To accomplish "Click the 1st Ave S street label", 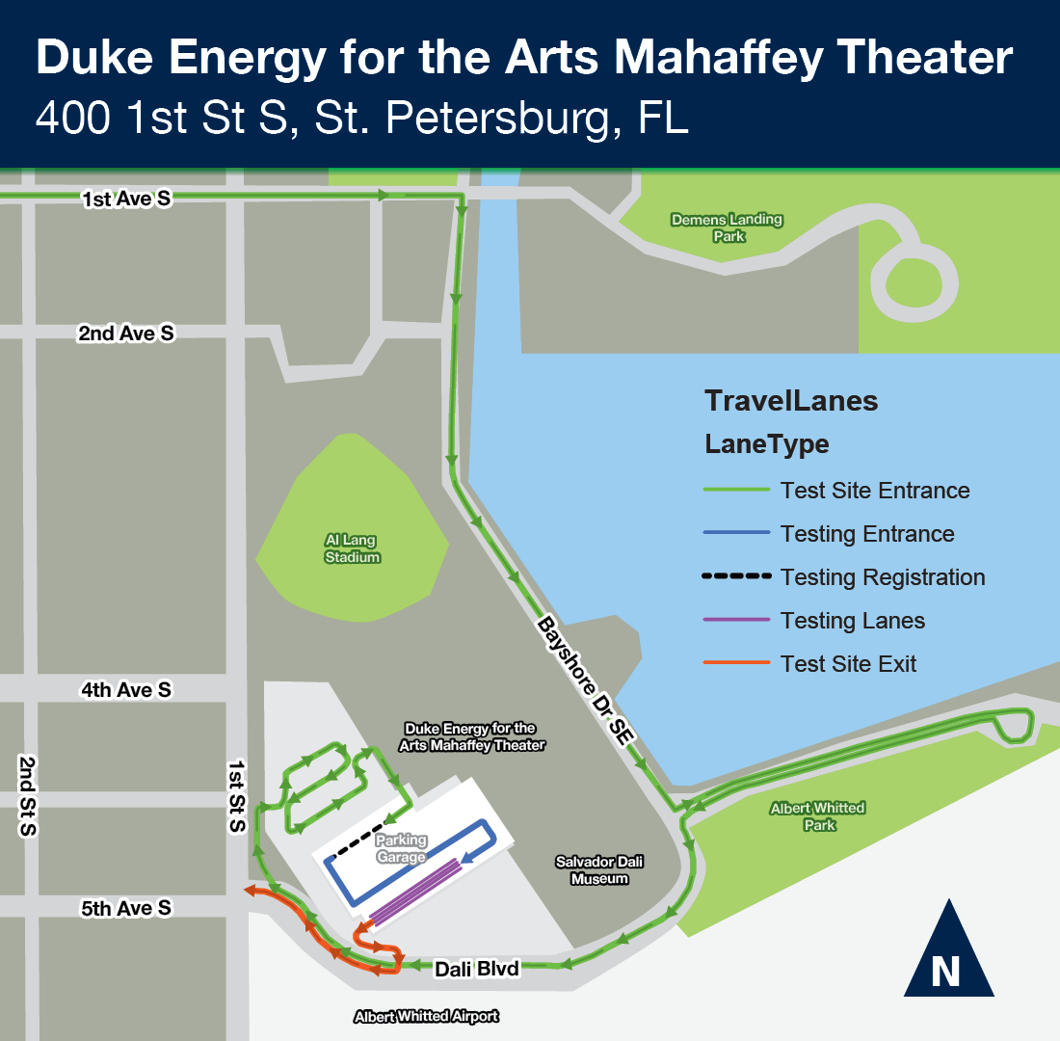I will (x=126, y=200).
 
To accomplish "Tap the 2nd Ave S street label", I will (x=126, y=334).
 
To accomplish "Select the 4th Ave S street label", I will (x=126, y=690).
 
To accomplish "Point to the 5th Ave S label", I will (x=126, y=908).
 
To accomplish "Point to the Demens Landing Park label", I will (x=728, y=227).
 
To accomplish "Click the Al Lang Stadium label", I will (x=352, y=548).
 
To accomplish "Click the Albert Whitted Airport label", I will (x=427, y=1016).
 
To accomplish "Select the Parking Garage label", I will (x=401, y=848).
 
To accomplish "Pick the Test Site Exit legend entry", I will (x=848, y=664).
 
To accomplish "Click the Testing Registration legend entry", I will (x=883, y=577).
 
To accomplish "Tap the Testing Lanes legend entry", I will (x=853, y=621).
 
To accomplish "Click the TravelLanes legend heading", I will (x=791, y=401).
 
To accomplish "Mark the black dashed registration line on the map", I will (x=359, y=840).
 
